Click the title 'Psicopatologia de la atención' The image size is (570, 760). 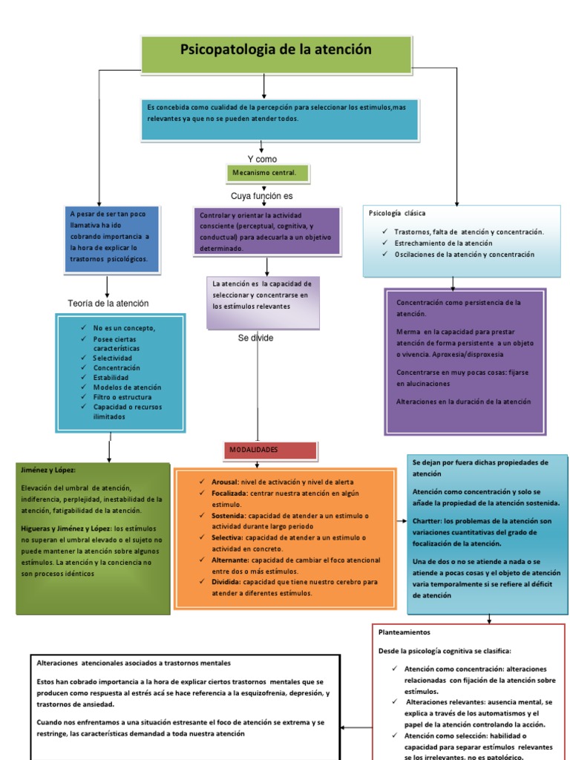[266, 50]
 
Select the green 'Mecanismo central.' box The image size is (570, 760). [265, 174]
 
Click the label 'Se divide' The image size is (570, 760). [255, 338]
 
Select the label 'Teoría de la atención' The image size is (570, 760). [108, 303]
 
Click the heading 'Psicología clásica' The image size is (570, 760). [397, 213]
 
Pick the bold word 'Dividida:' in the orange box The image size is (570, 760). [217, 583]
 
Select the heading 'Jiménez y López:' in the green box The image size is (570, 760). [49, 470]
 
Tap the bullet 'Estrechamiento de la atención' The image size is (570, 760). [443, 243]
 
